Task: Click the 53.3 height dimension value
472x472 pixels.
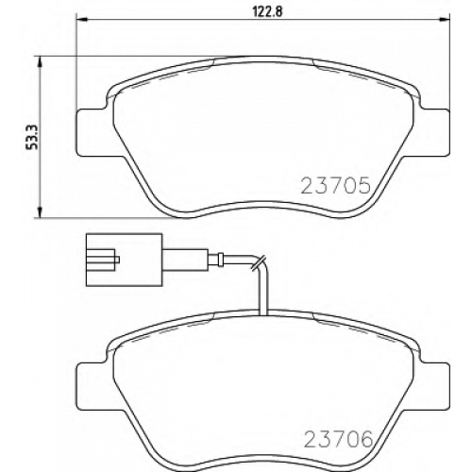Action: coord(32,137)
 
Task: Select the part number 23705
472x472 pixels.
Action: coord(336,186)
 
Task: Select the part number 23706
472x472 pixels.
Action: coord(338,439)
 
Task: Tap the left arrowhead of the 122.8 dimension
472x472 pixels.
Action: coord(81,20)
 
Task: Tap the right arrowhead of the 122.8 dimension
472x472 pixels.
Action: coord(445,20)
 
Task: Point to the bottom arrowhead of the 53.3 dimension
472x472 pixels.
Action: coord(40,212)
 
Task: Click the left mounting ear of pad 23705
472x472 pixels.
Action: coord(93,132)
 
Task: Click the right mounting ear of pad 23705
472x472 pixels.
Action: coord(433,132)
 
